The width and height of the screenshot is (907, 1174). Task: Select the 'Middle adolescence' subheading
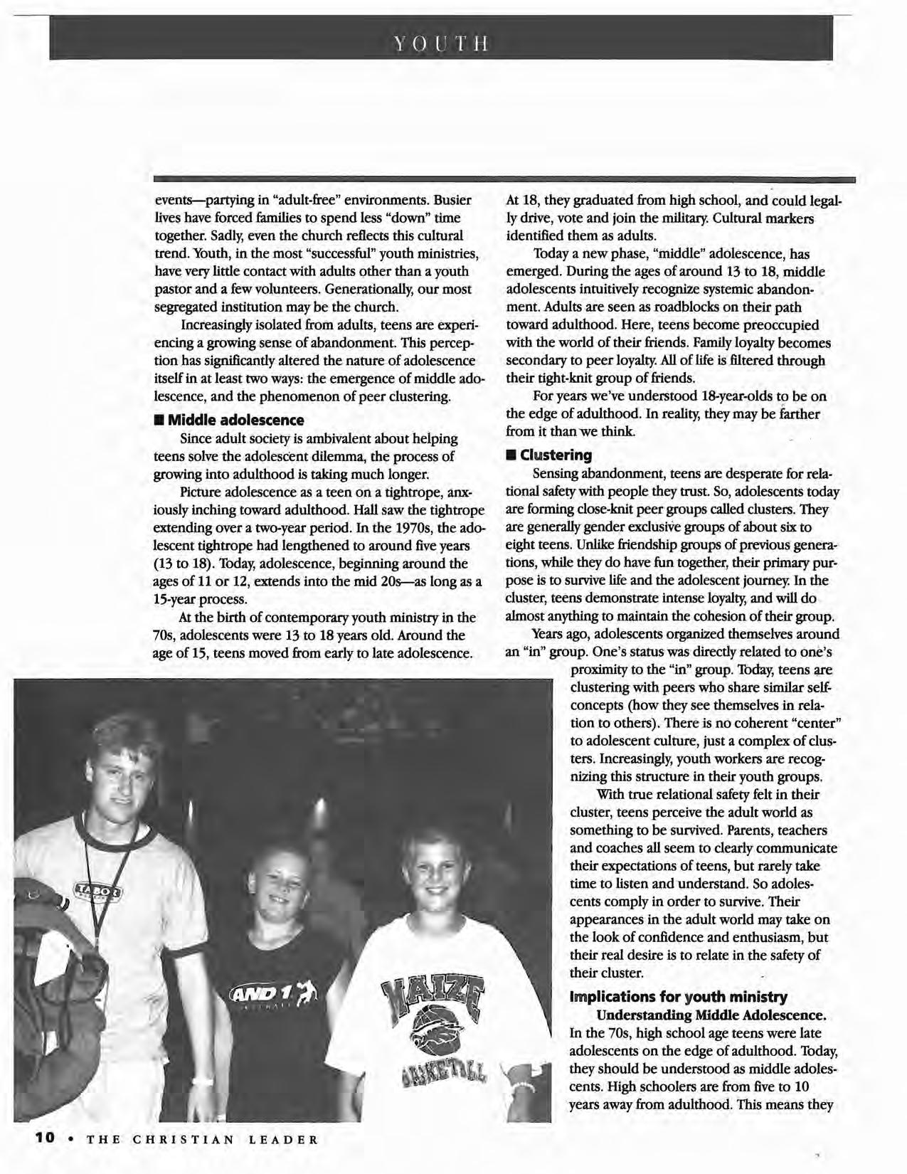point(235,420)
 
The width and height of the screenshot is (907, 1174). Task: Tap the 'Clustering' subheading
point(556,455)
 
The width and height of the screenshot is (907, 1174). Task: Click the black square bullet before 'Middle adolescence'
point(159,421)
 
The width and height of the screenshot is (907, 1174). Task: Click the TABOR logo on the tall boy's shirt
point(100,890)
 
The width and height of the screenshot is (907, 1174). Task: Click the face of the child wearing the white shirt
point(434,874)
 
